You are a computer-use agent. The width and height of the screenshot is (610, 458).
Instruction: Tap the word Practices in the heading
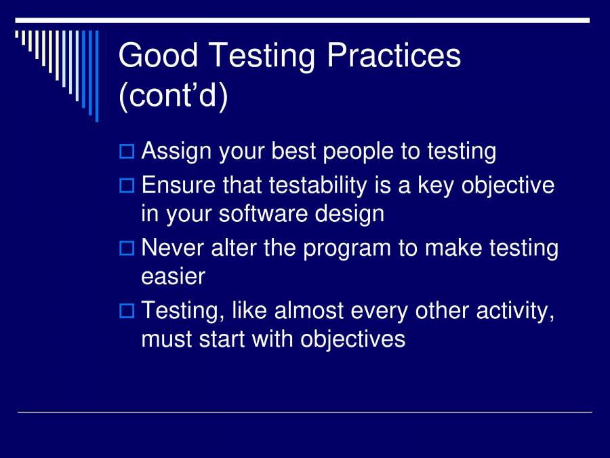point(394,56)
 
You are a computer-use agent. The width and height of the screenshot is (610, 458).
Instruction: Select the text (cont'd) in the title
point(173,96)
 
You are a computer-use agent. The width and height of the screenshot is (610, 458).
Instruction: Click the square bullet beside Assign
point(127,151)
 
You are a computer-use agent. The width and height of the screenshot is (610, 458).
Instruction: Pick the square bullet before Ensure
point(127,185)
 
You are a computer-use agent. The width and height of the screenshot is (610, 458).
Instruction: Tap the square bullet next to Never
point(127,248)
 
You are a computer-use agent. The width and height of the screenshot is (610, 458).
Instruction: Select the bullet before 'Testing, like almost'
point(127,311)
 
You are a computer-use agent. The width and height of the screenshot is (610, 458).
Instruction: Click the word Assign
point(177,151)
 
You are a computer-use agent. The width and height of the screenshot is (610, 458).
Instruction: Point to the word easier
point(173,276)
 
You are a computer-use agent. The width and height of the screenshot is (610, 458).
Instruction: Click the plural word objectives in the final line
point(353,339)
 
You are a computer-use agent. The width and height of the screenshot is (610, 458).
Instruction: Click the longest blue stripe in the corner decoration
point(96,75)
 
